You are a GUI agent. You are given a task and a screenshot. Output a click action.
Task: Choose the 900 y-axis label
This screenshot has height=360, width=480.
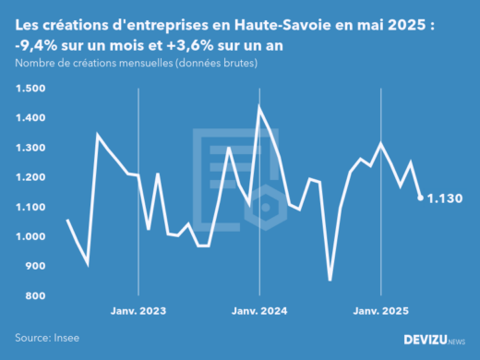click(x=34, y=266)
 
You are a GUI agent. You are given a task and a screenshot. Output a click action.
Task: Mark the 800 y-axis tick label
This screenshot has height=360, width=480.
click(x=34, y=295)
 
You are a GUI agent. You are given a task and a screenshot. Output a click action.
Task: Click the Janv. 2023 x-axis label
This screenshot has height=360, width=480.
click(x=138, y=311)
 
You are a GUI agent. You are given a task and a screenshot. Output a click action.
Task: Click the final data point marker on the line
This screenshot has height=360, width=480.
click(x=421, y=198)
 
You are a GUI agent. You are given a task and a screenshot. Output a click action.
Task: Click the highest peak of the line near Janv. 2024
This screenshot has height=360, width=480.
click(x=259, y=107)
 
